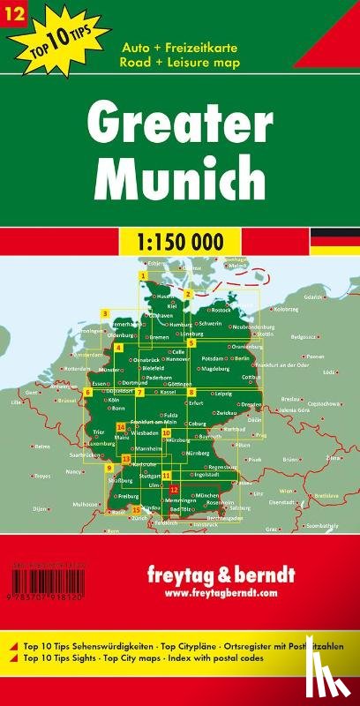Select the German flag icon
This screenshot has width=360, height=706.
[334, 239]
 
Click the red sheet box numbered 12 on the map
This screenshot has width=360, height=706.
[174, 489]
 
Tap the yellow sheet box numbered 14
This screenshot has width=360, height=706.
[120, 426]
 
